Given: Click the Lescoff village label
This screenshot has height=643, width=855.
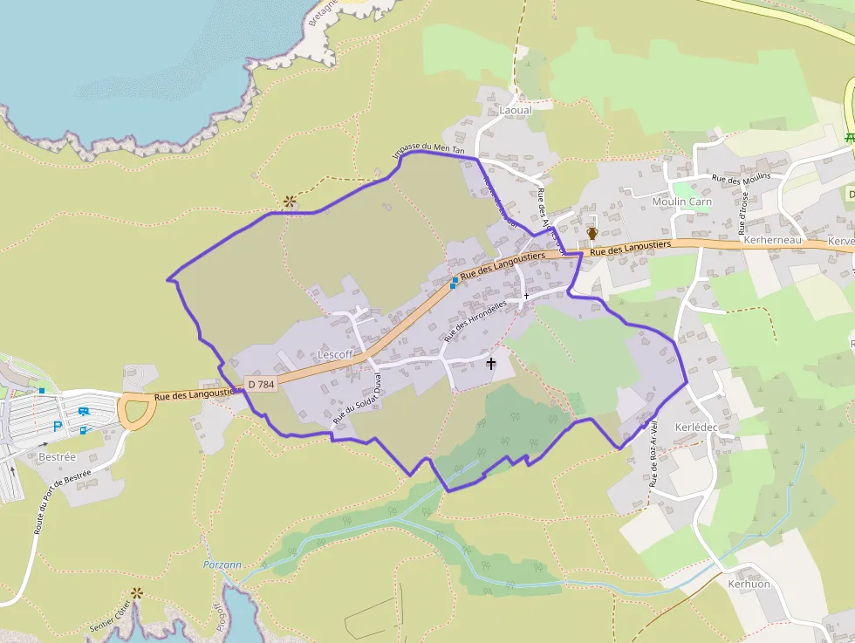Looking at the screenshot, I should pyautogui.click(x=336, y=355).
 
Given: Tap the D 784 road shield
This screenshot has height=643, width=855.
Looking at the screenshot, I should pyautogui.click(x=260, y=384).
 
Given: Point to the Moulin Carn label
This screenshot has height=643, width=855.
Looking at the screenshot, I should pyautogui.click(x=682, y=202).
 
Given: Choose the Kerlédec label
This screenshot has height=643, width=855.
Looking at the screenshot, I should pyautogui.click(x=696, y=427).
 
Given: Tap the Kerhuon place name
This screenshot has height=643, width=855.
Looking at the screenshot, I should pyautogui.click(x=749, y=584).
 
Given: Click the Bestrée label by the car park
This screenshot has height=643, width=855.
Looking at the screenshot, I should pyautogui.click(x=58, y=456).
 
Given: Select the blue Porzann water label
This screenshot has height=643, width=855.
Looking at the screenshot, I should pyautogui.click(x=222, y=564).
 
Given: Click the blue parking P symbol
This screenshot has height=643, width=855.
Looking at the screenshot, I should pyautogui.click(x=58, y=427).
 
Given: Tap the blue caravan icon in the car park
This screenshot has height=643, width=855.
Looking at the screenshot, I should pyautogui.click(x=83, y=412).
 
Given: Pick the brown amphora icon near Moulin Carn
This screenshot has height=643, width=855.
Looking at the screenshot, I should pyautogui.click(x=592, y=233).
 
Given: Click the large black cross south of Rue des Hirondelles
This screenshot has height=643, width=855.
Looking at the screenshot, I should pyautogui.click(x=490, y=363).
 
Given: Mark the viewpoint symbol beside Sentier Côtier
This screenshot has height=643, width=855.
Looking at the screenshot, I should pyautogui.click(x=137, y=593).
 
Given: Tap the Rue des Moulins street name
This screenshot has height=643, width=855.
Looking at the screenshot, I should pyautogui.click(x=742, y=177).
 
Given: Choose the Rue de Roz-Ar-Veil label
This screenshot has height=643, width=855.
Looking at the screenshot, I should pyautogui.click(x=653, y=455).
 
